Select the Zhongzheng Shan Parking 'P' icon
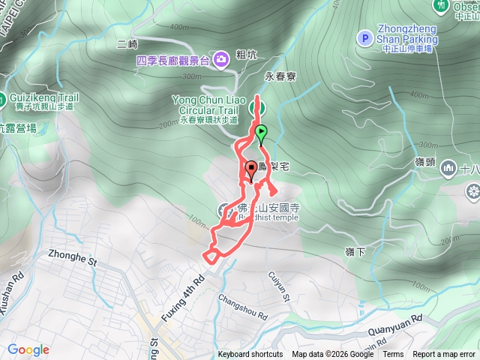tap(364, 37)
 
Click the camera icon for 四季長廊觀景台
tap(222, 59)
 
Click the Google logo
tap(28, 349)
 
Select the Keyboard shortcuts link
tap(250, 355)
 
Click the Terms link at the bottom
tap(393, 355)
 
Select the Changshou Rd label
tap(242, 307)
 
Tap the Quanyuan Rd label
tap(395, 325)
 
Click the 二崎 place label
tap(127, 44)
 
